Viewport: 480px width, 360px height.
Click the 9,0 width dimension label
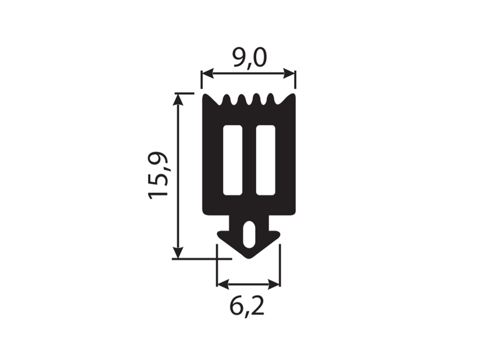coord(249,58)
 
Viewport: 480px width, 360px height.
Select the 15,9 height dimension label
coord(158,175)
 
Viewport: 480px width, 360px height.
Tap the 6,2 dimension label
coord(247,307)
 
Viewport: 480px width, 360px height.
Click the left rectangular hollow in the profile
coord(233,160)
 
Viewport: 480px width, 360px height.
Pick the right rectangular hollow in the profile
coord(265,160)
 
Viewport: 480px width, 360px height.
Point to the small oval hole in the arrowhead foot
coord(249,235)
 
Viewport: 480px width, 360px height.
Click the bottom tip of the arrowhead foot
coord(248,259)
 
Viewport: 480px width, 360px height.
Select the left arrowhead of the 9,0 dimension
coord(207,73)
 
